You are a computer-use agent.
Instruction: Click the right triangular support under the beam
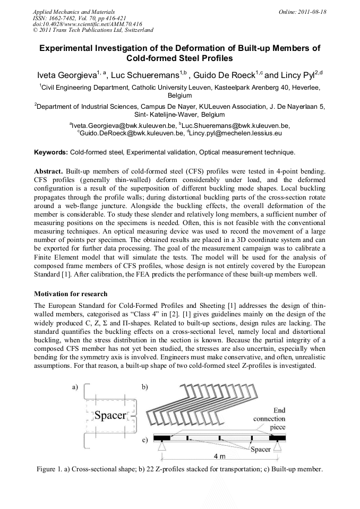tap(277, 447)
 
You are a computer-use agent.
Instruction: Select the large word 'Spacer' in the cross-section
tap(110, 415)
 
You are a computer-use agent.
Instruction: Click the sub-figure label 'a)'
tap(75, 387)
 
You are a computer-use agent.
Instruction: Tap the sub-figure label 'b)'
tap(144, 387)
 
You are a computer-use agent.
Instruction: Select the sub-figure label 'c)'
tap(144, 440)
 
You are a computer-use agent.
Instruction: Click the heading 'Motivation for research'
tap(71, 294)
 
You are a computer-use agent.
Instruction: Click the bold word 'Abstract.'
tap(49, 172)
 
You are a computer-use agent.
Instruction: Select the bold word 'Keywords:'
tap(51, 152)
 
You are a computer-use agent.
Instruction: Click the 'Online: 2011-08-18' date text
tap(303, 11)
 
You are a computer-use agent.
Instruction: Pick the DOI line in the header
tap(87, 24)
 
